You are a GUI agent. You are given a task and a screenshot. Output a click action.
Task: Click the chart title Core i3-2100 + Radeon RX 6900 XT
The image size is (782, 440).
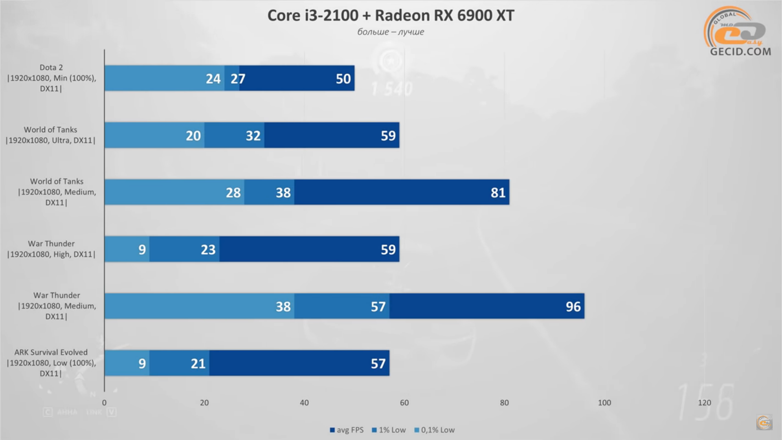[391, 15]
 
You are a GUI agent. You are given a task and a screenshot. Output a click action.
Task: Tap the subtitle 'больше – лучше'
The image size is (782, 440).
[391, 32]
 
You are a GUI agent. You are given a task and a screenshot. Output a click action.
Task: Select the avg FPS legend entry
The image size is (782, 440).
[347, 430]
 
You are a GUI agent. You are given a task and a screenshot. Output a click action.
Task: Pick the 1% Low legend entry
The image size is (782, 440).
[389, 430]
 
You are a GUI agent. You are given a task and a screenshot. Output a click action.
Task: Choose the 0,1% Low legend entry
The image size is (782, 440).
[435, 430]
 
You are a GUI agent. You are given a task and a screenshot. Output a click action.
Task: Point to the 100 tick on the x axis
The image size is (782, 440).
[604, 403]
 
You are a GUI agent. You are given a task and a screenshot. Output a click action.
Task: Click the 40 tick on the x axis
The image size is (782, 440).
[304, 403]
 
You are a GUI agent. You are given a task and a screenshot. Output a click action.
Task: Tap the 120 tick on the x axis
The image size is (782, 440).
[704, 403]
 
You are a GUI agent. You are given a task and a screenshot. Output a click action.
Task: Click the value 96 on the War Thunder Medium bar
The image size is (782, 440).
[573, 306]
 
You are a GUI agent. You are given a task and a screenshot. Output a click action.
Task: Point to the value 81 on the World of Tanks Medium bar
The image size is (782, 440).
[498, 192]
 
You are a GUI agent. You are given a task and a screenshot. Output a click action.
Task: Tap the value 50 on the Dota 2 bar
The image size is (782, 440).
[343, 79]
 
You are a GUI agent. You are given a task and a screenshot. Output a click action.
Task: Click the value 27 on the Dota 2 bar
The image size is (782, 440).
[238, 79]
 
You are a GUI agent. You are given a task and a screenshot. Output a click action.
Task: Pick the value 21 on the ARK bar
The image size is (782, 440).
[198, 363]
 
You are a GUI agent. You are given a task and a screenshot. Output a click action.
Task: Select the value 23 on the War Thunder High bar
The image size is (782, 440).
[208, 249]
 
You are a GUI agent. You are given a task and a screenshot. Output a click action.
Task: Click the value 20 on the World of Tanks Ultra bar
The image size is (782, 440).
[193, 136]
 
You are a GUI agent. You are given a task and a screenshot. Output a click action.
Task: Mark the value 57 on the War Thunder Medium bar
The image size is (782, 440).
[378, 306]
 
